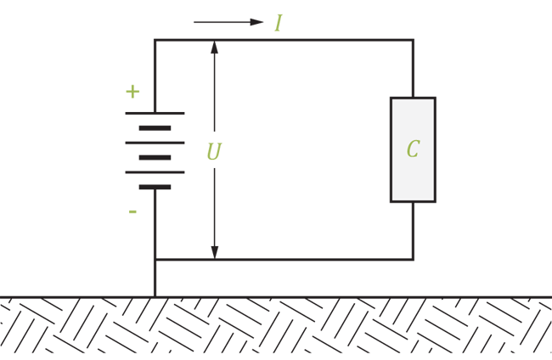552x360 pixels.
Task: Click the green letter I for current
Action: pyautogui.click(x=279, y=23)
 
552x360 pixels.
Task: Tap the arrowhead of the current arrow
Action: pyautogui.click(x=256, y=22)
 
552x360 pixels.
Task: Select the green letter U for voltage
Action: pyautogui.click(x=214, y=151)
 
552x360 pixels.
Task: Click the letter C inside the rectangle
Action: pyautogui.click(x=413, y=149)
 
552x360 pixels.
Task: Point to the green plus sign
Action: pyautogui.click(x=132, y=92)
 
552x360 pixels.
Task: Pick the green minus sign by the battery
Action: pyautogui.click(x=132, y=211)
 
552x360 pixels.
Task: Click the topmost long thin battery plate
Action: pyautogui.click(x=155, y=113)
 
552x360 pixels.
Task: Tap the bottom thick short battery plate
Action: pyautogui.click(x=155, y=187)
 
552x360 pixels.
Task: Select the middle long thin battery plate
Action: pyautogui.click(x=155, y=143)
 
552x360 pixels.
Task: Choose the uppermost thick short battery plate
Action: pyautogui.click(x=155, y=128)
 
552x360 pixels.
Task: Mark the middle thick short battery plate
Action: pyautogui.click(x=155, y=158)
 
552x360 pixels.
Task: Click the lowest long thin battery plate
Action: pyautogui.click(x=155, y=172)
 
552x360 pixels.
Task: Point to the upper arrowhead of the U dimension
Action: pyautogui.click(x=214, y=48)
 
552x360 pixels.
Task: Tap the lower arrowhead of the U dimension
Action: pyautogui.click(x=214, y=252)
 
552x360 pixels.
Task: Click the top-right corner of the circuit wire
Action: pyautogui.click(x=413, y=40)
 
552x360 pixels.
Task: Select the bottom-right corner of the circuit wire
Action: pyautogui.click(x=413, y=260)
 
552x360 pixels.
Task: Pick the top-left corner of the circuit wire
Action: pyautogui.click(x=155, y=40)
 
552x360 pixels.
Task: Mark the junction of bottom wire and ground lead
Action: pyautogui.click(x=155, y=260)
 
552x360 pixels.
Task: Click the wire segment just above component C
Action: pyautogui.click(x=413, y=69)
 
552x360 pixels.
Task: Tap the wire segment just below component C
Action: pyautogui.click(x=413, y=231)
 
